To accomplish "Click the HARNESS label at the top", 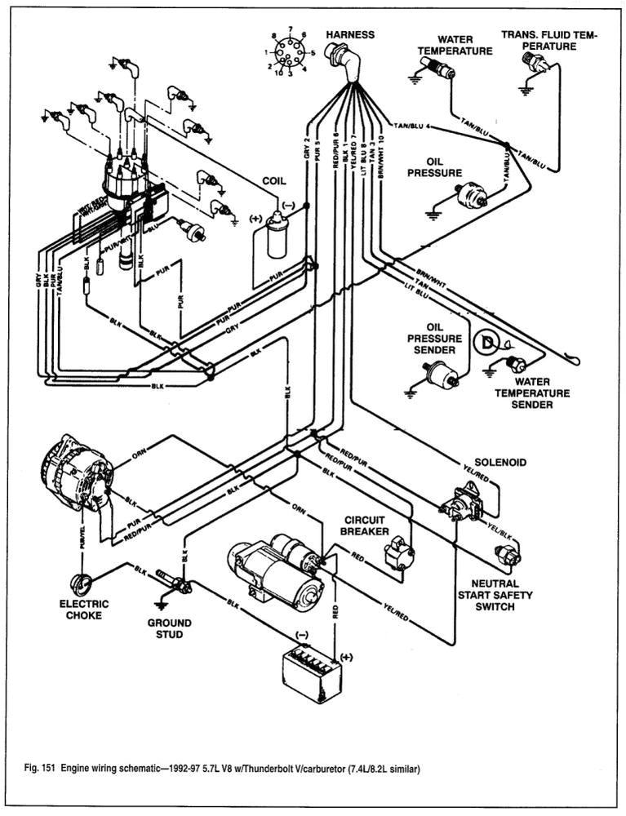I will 350,35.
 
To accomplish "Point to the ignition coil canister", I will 277,236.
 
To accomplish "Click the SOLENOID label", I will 500,463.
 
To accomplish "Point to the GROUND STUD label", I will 169,628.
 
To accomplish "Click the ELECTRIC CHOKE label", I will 83,610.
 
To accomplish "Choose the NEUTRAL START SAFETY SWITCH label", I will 495,596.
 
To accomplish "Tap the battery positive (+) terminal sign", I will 344,656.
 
